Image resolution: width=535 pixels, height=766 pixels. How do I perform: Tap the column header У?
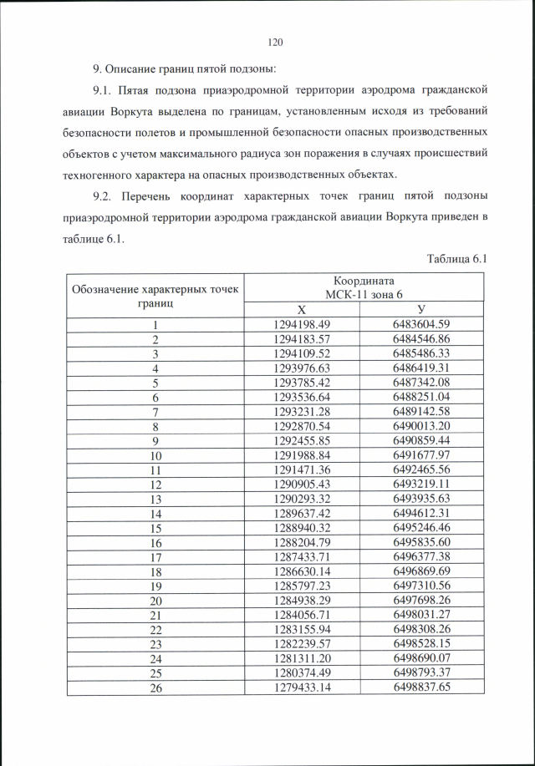coord(421,309)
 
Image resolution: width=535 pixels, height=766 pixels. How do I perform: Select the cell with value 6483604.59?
coord(421,324)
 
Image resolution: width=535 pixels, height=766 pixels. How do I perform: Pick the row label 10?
coord(155,456)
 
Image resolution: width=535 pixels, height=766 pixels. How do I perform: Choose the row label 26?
coord(155,687)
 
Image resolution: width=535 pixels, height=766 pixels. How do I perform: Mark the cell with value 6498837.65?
coord(421,687)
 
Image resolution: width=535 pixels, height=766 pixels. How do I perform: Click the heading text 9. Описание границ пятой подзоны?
coord(184,67)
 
